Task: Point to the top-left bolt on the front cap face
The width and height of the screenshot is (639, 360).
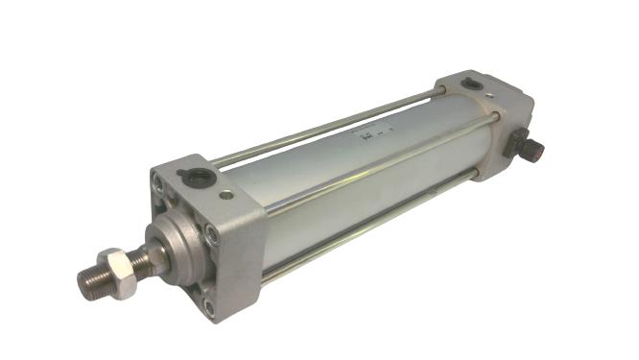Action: (156, 182)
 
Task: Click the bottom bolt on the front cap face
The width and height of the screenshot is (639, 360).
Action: (207, 307)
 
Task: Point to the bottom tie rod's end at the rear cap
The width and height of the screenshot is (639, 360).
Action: (474, 173)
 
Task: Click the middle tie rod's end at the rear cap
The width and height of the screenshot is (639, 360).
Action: (495, 118)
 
